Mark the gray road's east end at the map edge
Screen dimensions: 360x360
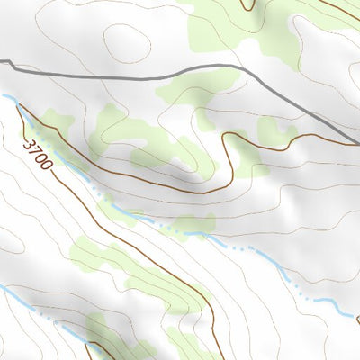(357, 142)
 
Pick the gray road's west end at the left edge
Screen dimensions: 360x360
(2, 60)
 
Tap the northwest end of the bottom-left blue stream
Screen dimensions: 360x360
(3, 286)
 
